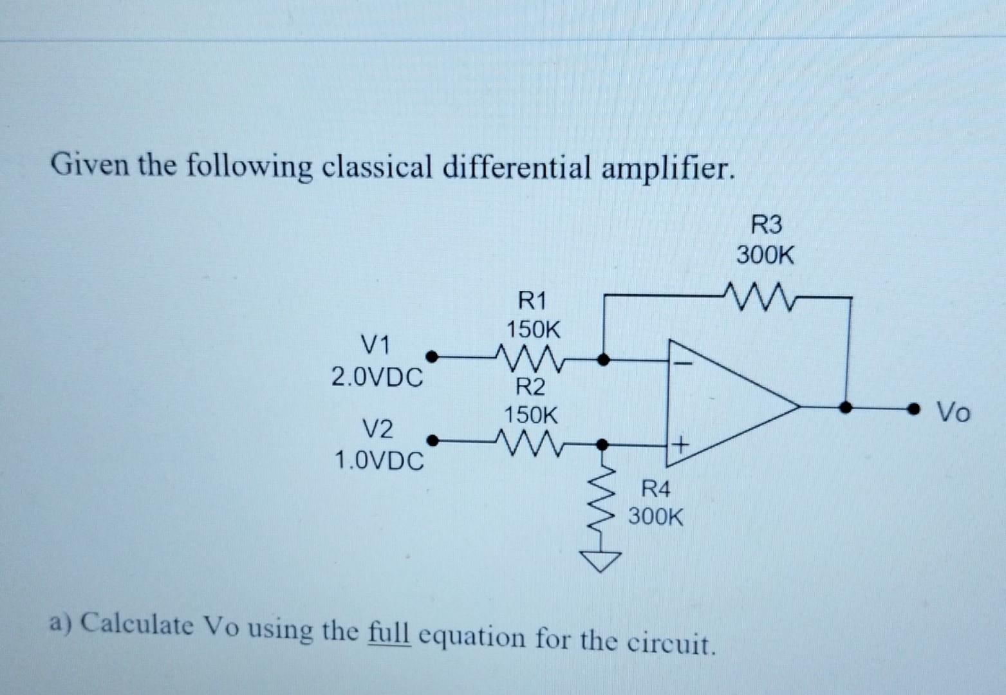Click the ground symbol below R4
coord(604,562)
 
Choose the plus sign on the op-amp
coord(680,443)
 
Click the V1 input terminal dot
coord(433,356)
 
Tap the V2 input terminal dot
coord(433,441)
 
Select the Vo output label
coord(953,412)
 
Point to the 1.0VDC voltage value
coord(379,460)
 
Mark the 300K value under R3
coord(765,255)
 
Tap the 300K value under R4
coord(655,516)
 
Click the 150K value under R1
coord(533,330)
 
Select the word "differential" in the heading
coord(515,168)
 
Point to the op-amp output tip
coord(799,407)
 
